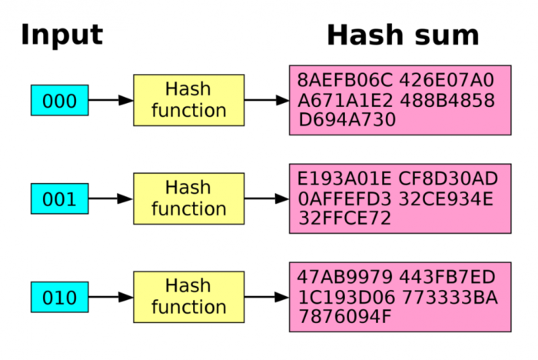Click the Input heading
click(61, 35)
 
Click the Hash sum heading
click(403, 35)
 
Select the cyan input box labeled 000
click(59, 101)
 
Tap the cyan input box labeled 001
click(59, 199)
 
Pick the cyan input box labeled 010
click(59, 298)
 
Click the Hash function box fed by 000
click(188, 100)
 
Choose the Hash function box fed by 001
click(188, 198)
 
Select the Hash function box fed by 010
click(188, 297)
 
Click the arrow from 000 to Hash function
click(111, 100)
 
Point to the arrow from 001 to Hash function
click(111, 198)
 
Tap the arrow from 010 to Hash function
click(111, 297)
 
